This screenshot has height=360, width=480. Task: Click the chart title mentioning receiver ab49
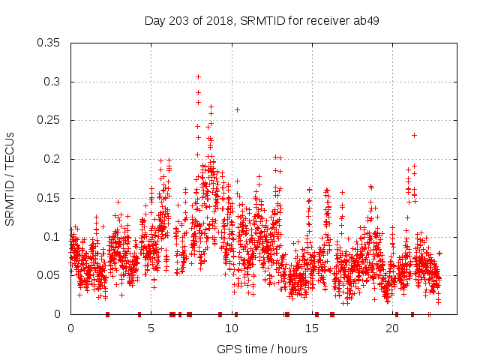261,20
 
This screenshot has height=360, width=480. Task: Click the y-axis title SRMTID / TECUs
10,178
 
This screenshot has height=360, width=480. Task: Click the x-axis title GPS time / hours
261,349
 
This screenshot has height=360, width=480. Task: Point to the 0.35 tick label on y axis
51,43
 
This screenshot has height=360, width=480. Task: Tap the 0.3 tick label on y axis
54,82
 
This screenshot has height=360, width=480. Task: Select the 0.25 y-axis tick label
51,120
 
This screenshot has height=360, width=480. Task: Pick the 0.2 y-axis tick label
54,159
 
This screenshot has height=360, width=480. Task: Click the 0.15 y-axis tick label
51,198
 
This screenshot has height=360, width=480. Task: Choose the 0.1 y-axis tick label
54,237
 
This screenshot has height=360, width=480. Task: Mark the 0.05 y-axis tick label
51,275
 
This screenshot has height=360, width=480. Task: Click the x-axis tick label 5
151,328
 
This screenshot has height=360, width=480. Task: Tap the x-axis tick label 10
232,328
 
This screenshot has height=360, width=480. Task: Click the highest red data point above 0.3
198,76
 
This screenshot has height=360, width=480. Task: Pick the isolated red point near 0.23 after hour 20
414,135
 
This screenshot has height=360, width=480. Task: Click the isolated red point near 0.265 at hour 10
237,109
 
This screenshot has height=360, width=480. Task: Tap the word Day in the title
154,20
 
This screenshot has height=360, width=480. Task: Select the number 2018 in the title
224,20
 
